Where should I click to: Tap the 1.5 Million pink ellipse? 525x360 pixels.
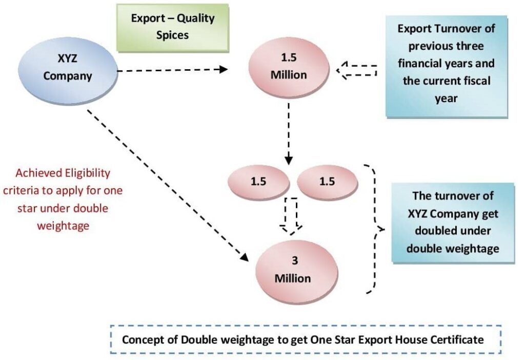click(x=289, y=68)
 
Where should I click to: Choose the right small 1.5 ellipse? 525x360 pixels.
click(x=327, y=182)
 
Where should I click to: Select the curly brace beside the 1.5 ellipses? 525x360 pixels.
click(x=377, y=229)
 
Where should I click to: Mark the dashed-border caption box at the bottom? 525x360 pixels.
click(x=306, y=339)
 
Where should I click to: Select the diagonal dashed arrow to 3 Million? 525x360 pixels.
click(x=164, y=182)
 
